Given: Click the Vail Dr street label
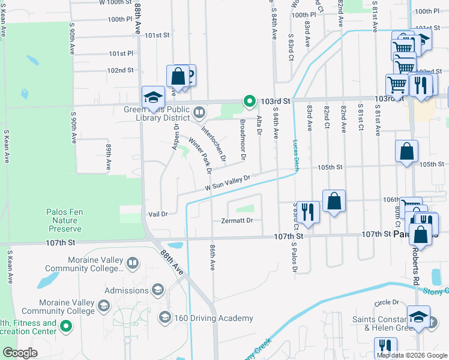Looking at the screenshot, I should [157, 214].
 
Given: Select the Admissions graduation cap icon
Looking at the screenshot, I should [158, 290].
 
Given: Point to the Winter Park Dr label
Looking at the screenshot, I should [200, 155].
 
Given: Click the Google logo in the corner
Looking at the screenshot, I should [20, 353].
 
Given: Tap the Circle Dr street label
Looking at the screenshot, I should [387, 302].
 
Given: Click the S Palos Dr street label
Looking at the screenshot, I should [295, 257].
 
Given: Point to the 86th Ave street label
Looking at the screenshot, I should [212, 257].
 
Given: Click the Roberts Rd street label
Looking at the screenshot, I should [415, 266].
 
